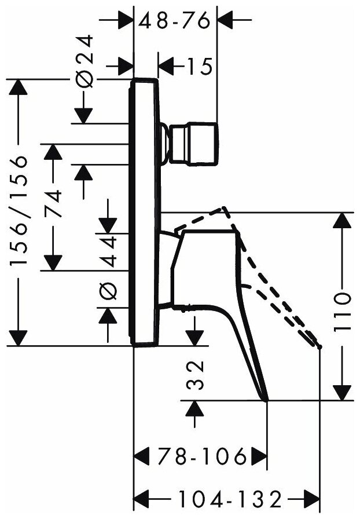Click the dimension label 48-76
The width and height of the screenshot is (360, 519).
pos(175,21)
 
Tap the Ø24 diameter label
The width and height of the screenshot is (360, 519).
pos(84,61)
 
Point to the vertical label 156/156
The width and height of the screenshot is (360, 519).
pos(20,211)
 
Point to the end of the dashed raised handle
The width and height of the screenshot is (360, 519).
pos(319,346)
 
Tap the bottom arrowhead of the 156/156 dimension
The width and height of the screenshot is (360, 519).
pos(19,336)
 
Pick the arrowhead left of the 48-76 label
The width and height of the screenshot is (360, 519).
pos(124,21)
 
